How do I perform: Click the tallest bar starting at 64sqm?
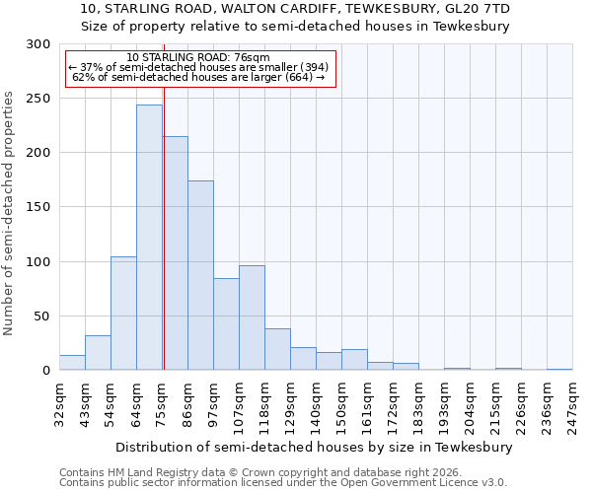pyautogui.click(x=149, y=238)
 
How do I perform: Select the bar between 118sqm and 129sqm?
pyautogui.click(x=277, y=350)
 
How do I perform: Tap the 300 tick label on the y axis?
pyautogui.click(x=38, y=44)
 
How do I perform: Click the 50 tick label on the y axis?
pyautogui.click(x=42, y=317)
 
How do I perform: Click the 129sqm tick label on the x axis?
pyautogui.click(x=290, y=403)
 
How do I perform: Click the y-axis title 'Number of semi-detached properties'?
pyautogui.click(x=10, y=213)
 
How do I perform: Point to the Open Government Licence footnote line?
pyautogui.click(x=282, y=482)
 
